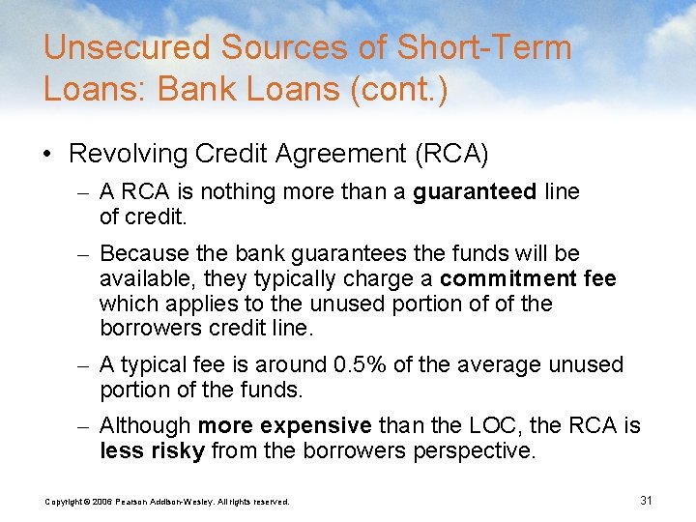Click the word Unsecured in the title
[126, 48]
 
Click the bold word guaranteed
[475, 192]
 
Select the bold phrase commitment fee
[528, 278]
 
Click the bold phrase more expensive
[285, 425]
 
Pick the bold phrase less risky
[153, 450]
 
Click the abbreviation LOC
[480, 425]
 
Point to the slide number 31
[647, 500]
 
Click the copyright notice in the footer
[167, 502]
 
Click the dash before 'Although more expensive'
[84, 426]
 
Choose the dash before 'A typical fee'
[84, 365]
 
